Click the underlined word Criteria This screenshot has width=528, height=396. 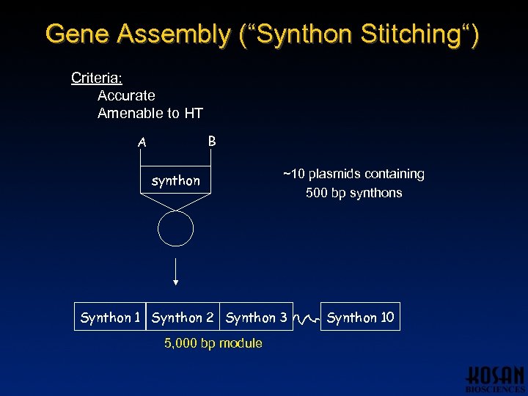pyautogui.click(x=96, y=77)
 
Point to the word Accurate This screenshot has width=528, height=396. pyautogui.click(x=126, y=95)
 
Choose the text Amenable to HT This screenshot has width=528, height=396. pyautogui.click(x=150, y=113)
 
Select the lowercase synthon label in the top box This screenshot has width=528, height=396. pyautogui.click(x=175, y=180)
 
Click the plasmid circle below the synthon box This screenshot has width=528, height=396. pyautogui.click(x=175, y=230)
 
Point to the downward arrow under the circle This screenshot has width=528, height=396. pyautogui.click(x=175, y=271)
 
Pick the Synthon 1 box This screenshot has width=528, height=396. pyautogui.click(x=110, y=317)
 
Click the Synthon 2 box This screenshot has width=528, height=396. pyautogui.click(x=183, y=317)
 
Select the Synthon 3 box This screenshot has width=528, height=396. pyautogui.click(x=256, y=317)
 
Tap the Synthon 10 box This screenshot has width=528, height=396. pyautogui.click(x=360, y=317)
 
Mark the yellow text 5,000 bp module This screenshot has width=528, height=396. pyautogui.click(x=213, y=343)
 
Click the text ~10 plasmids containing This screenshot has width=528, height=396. pyautogui.click(x=353, y=174)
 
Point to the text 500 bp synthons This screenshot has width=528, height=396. pyautogui.click(x=353, y=193)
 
